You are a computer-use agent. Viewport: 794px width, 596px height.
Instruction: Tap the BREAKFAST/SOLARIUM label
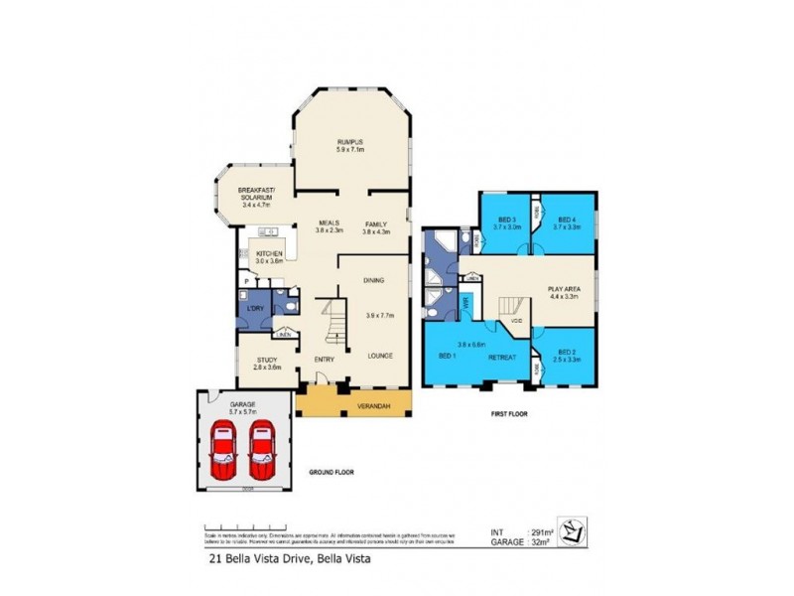pos(257,192)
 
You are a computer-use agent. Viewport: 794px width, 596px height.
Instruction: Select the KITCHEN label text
pos(270,254)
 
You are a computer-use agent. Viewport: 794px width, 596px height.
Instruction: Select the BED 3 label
pos(507,221)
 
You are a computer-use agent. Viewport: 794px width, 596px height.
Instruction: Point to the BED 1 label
pos(447,355)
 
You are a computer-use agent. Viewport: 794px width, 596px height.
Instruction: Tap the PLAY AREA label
pos(564,290)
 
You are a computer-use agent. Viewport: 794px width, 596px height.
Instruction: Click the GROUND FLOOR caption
pos(331,472)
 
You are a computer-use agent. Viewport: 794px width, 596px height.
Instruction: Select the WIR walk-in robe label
pos(463,303)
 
